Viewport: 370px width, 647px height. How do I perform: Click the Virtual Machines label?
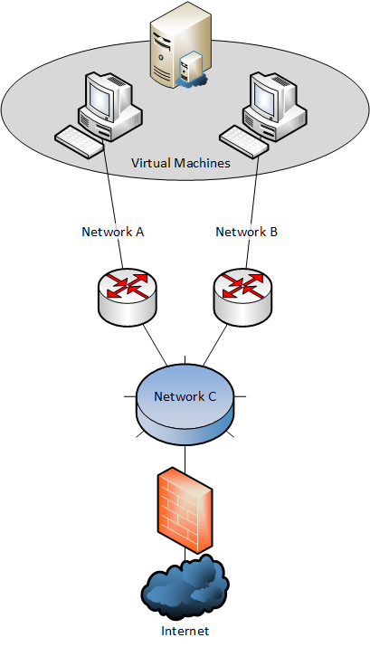181,163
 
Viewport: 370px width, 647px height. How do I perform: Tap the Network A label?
112,232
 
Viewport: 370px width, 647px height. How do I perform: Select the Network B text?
247,232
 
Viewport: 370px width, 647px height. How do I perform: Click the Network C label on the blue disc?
185,396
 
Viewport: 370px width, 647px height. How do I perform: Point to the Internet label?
185,632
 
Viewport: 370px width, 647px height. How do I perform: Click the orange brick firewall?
185,510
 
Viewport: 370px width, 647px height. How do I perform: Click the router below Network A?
128,297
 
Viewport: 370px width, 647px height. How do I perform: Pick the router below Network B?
243,297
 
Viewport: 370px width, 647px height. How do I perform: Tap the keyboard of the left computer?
80,141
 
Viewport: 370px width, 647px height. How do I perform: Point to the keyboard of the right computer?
243,141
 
